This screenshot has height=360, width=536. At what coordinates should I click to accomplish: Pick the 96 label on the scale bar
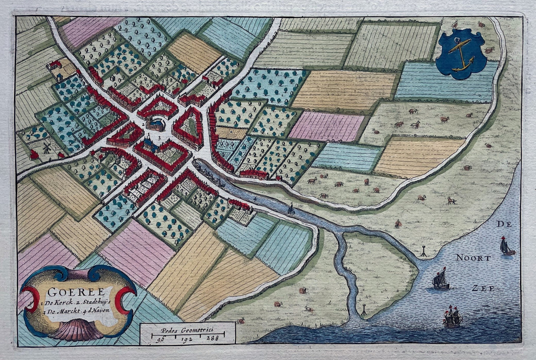pyautogui.click(x=161, y=339)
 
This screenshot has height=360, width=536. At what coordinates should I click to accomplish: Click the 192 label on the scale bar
pyautogui.click(x=186, y=339)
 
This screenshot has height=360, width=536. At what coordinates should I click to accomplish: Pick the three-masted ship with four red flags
pyautogui.click(x=452, y=317)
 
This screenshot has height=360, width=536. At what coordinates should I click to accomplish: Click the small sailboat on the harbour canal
pyautogui.click(x=291, y=209)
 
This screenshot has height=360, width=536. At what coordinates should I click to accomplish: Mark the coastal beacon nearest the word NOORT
pyautogui.click(x=424, y=252)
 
